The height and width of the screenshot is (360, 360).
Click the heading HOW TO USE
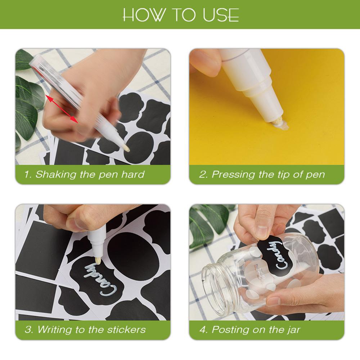(181, 15)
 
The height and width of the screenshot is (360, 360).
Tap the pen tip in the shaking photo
(126, 148)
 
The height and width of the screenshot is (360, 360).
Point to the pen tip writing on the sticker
(98, 261)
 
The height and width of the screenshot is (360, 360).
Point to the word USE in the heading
(221, 15)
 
